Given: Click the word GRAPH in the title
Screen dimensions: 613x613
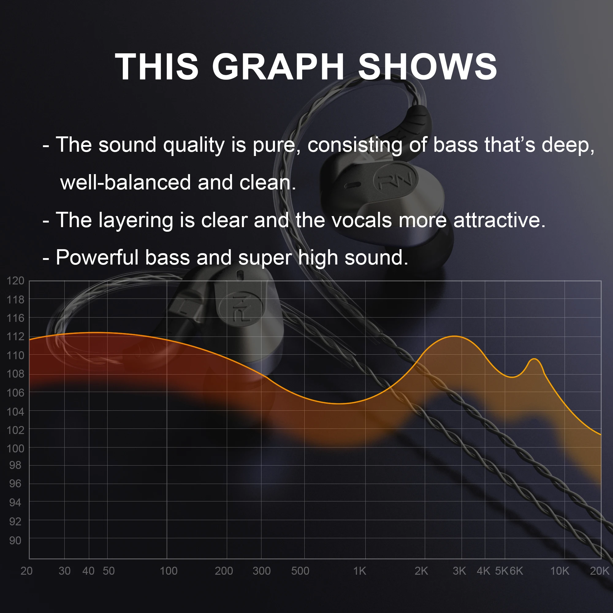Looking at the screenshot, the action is [278, 67].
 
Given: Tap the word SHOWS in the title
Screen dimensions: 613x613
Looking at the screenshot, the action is [427, 67].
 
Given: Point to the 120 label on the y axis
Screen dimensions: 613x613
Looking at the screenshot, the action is [15, 280].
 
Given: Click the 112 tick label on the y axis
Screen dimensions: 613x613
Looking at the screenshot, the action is [15, 336].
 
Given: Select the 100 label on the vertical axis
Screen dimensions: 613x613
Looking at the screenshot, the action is [15, 448].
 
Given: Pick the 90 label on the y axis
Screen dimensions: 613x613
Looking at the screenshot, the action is [15, 540].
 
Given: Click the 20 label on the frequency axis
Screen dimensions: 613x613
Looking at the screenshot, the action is [26, 571].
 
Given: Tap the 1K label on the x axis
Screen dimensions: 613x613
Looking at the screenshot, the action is [360, 571].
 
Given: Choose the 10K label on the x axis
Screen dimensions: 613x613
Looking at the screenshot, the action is [560, 571].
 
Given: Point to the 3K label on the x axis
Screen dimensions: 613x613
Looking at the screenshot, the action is [459, 571].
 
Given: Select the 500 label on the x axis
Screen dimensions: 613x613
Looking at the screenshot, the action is [300, 571].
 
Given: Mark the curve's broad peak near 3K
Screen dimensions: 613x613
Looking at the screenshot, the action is [455, 336].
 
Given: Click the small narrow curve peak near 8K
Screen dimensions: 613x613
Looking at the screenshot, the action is [534, 359].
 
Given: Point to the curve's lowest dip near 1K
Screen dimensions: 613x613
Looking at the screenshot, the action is [340, 404].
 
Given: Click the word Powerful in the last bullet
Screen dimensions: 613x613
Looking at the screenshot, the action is [97, 257].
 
